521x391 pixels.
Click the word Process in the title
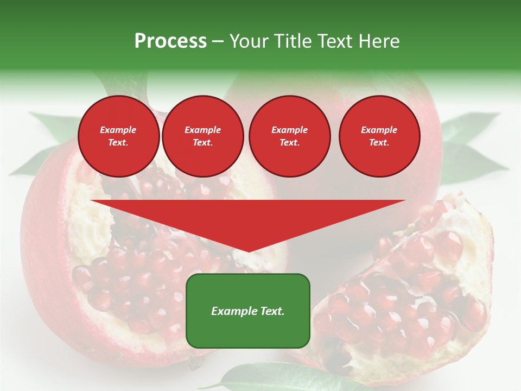[170, 41]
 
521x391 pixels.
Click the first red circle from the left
[119, 136]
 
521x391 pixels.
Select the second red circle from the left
[202, 136]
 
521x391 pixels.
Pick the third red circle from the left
[289, 136]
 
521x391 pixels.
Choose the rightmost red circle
[379, 136]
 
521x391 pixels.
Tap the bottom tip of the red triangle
[248, 250]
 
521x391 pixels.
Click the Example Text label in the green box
[248, 311]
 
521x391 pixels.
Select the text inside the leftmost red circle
[118, 136]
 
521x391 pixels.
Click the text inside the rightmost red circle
[379, 136]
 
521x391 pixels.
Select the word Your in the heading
[250, 41]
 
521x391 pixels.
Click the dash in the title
[218, 41]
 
